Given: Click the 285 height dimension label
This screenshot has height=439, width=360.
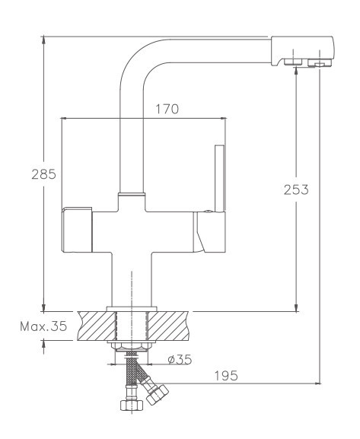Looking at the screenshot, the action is [43, 174].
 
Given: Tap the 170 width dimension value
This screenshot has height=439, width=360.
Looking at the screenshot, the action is [167, 110].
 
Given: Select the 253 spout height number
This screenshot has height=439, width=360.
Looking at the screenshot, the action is [296, 189].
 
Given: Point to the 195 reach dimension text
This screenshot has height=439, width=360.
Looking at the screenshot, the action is [226, 375].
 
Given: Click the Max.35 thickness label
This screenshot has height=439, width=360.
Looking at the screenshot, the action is [43, 326].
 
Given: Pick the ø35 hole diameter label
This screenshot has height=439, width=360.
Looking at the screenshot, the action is [180, 359].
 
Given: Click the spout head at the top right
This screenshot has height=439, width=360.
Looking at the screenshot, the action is [303, 52].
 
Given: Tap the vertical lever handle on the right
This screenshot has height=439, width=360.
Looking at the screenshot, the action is [220, 178].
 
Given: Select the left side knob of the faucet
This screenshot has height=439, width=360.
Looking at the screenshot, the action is [77, 229].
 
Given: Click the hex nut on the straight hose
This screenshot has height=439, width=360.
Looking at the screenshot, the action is [132, 405].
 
